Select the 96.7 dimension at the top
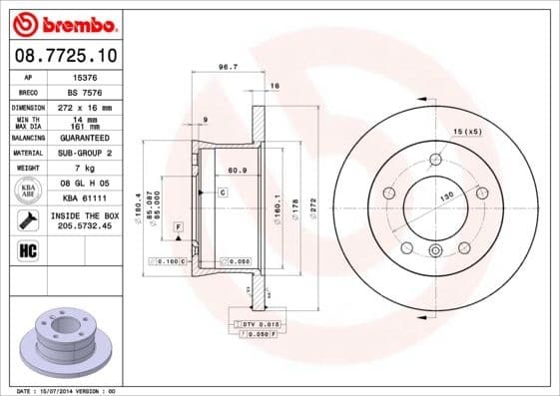227,69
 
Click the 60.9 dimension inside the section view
238,171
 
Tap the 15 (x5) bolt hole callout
467,132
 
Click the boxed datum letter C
223,190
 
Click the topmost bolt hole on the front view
435,159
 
